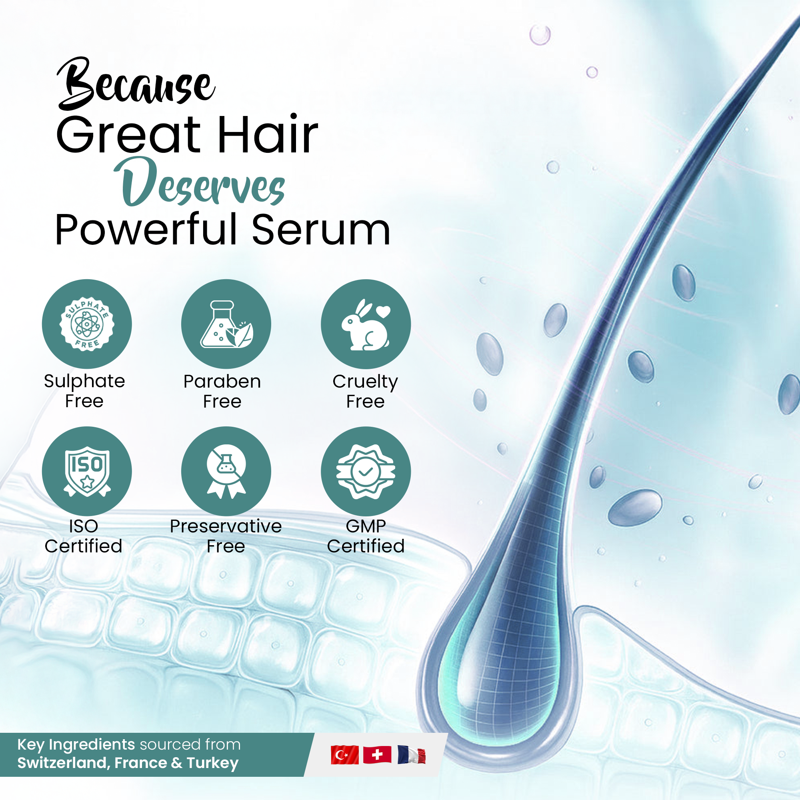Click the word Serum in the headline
tap(321, 230)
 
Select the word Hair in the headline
tap(267, 134)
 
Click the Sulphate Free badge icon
tap(87, 324)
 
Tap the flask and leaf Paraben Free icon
tap(226, 324)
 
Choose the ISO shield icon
tap(87, 471)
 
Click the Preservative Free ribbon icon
tap(226, 471)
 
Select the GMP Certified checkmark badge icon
tap(366, 471)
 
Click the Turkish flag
tap(344, 755)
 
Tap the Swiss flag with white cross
tap(377, 755)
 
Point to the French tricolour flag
tap(411, 755)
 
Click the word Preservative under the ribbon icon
tap(226, 526)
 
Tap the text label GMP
tap(366, 526)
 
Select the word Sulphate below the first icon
tap(84, 381)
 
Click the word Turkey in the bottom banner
tap(212, 763)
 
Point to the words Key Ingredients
tap(76, 744)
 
